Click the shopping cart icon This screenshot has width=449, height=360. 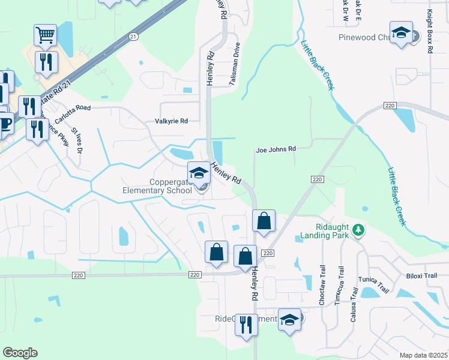tap(46, 35)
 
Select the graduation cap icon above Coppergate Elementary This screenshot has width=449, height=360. tap(199, 173)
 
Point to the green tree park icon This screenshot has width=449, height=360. tap(358, 229)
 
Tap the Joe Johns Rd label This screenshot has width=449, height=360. tap(276, 149)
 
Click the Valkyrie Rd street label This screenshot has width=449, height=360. tap(172, 121)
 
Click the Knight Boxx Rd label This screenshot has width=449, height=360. tap(430, 31)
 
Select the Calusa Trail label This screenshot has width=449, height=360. tap(355, 300)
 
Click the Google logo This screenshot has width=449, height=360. tap(20, 353)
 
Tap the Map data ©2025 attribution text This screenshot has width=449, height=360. tap(423, 355)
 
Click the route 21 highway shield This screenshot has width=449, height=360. tap(133, 37)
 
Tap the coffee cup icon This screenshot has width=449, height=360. tap(4, 124)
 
